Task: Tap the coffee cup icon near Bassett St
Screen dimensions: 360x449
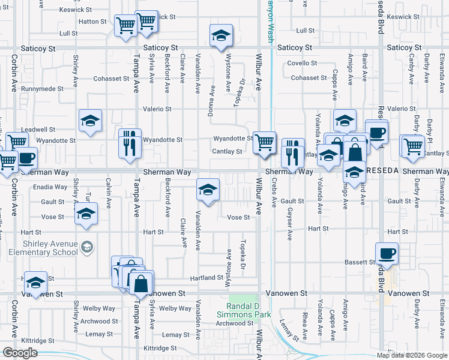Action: [387, 253]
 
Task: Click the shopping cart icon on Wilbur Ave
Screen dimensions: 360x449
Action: [264, 143]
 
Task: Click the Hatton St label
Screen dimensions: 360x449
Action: [92, 21]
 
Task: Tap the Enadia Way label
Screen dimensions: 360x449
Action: [50, 187]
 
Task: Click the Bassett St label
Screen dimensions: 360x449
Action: [360, 262]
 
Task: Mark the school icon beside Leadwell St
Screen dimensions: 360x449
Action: [90, 121]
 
